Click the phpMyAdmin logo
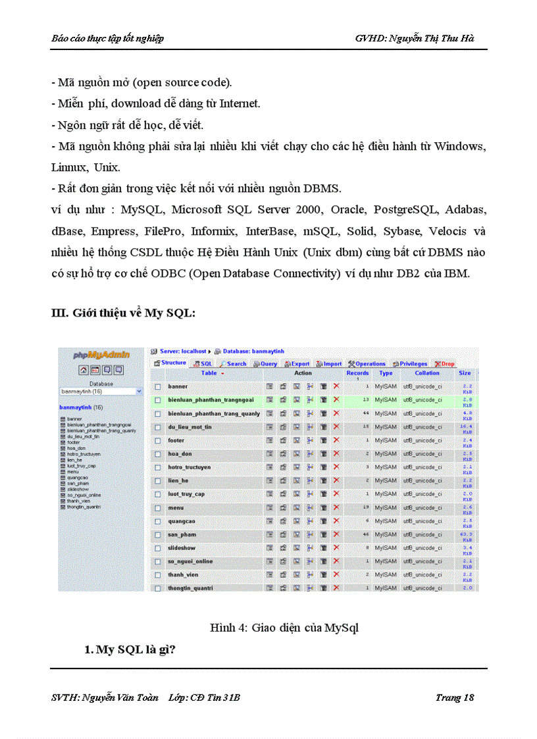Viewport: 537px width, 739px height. click(x=101, y=355)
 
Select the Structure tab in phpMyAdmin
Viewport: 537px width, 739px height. click(x=170, y=363)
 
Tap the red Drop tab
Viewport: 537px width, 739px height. click(x=444, y=363)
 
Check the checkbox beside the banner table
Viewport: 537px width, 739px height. click(x=158, y=386)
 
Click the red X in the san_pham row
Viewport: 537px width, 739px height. click(x=336, y=534)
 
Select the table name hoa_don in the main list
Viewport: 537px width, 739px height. click(x=179, y=453)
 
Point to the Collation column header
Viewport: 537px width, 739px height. click(x=426, y=373)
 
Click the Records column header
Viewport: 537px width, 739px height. click(x=357, y=373)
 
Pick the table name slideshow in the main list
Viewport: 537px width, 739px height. click(x=182, y=548)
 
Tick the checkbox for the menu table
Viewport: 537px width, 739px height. click(x=158, y=507)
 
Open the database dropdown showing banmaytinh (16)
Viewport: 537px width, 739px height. click(x=101, y=391)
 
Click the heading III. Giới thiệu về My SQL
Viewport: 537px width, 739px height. click(x=123, y=313)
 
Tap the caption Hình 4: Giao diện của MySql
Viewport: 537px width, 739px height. click(x=284, y=628)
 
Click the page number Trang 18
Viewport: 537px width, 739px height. click(x=454, y=698)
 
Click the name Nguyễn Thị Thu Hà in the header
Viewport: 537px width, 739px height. click(x=430, y=38)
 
